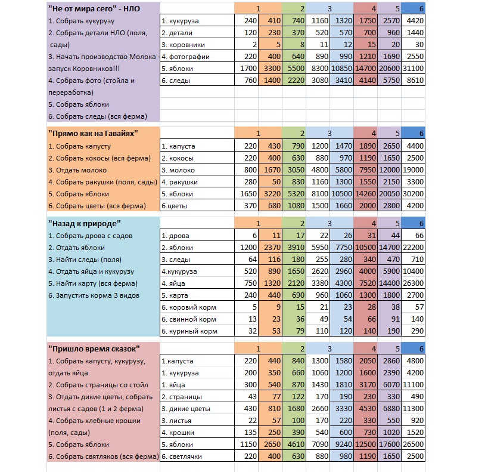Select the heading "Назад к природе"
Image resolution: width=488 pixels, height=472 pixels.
click(x=84, y=223)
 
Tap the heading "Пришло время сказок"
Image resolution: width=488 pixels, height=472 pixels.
click(x=94, y=348)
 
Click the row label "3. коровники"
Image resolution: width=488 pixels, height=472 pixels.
click(x=183, y=45)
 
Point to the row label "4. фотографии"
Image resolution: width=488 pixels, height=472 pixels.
click(x=185, y=57)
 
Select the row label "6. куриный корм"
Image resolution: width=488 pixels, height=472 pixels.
click(x=189, y=331)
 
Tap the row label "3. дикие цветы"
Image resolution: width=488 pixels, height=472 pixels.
click(x=187, y=408)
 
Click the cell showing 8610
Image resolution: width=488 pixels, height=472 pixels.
click(x=414, y=81)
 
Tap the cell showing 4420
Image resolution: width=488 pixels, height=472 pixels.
click(x=414, y=21)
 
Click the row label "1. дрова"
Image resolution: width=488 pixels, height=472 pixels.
click(x=177, y=236)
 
